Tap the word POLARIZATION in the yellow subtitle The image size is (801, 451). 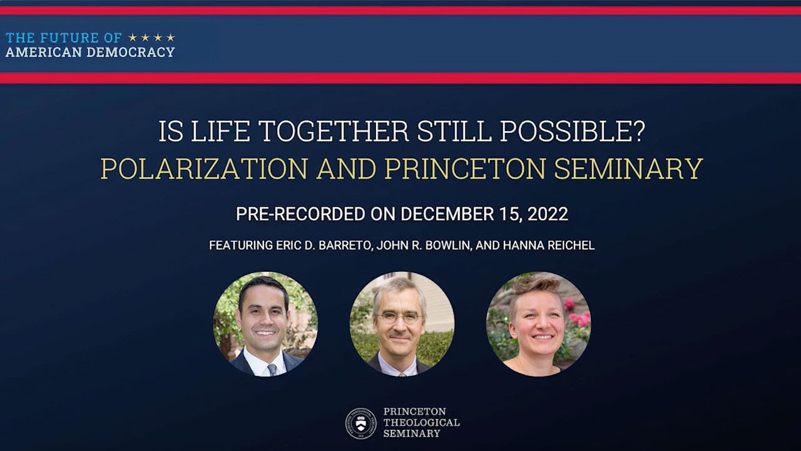point(204,168)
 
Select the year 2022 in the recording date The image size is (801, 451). point(548,214)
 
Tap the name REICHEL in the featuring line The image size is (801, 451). point(569,246)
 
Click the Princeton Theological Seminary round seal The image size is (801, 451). point(360,423)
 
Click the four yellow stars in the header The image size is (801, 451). point(151,38)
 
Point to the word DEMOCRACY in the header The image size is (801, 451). point(131,53)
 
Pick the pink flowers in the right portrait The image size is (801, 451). point(576,313)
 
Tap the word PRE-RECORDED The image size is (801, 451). point(300,214)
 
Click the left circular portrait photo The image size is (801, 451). point(265,324)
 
